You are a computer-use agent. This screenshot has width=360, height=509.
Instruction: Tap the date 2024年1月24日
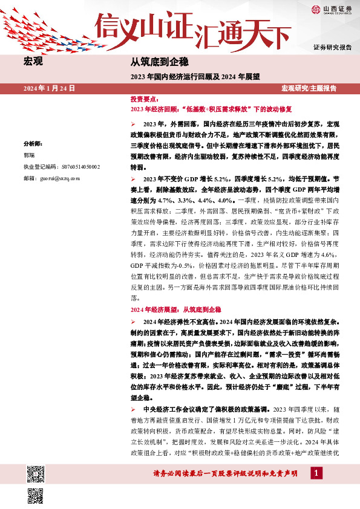(49, 88)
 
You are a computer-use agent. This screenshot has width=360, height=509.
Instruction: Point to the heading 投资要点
(145, 99)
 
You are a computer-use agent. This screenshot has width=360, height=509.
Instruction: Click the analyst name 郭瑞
(29, 155)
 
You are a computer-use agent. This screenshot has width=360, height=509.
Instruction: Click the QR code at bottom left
(36, 475)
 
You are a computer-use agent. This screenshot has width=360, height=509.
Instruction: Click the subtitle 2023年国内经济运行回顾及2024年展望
(195, 77)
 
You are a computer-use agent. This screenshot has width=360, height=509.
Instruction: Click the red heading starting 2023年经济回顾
(211, 109)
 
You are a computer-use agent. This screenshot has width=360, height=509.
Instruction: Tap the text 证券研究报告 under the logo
(332, 47)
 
